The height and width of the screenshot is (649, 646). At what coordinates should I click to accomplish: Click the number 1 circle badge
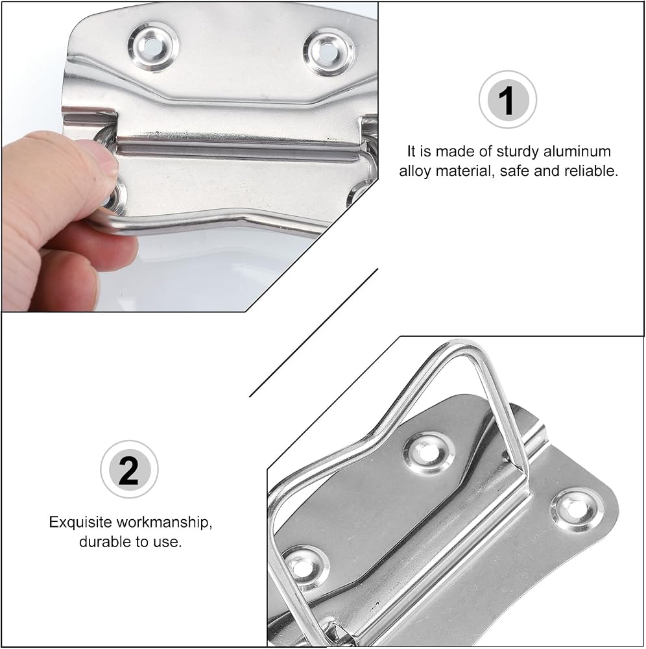[x=507, y=100]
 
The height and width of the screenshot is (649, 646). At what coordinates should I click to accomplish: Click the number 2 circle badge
[x=129, y=469]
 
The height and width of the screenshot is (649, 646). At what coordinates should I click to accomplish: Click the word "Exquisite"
[x=80, y=522]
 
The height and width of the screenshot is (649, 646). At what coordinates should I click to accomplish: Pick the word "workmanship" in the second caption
[x=164, y=522]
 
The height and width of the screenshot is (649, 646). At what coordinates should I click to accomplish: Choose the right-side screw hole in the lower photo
[x=577, y=511]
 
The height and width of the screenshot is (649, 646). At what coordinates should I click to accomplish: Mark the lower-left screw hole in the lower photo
[x=305, y=567]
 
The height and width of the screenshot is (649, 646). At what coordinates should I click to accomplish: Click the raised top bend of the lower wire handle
[x=463, y=347]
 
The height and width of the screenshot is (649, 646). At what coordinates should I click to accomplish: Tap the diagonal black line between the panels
[x=313, y=333]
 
